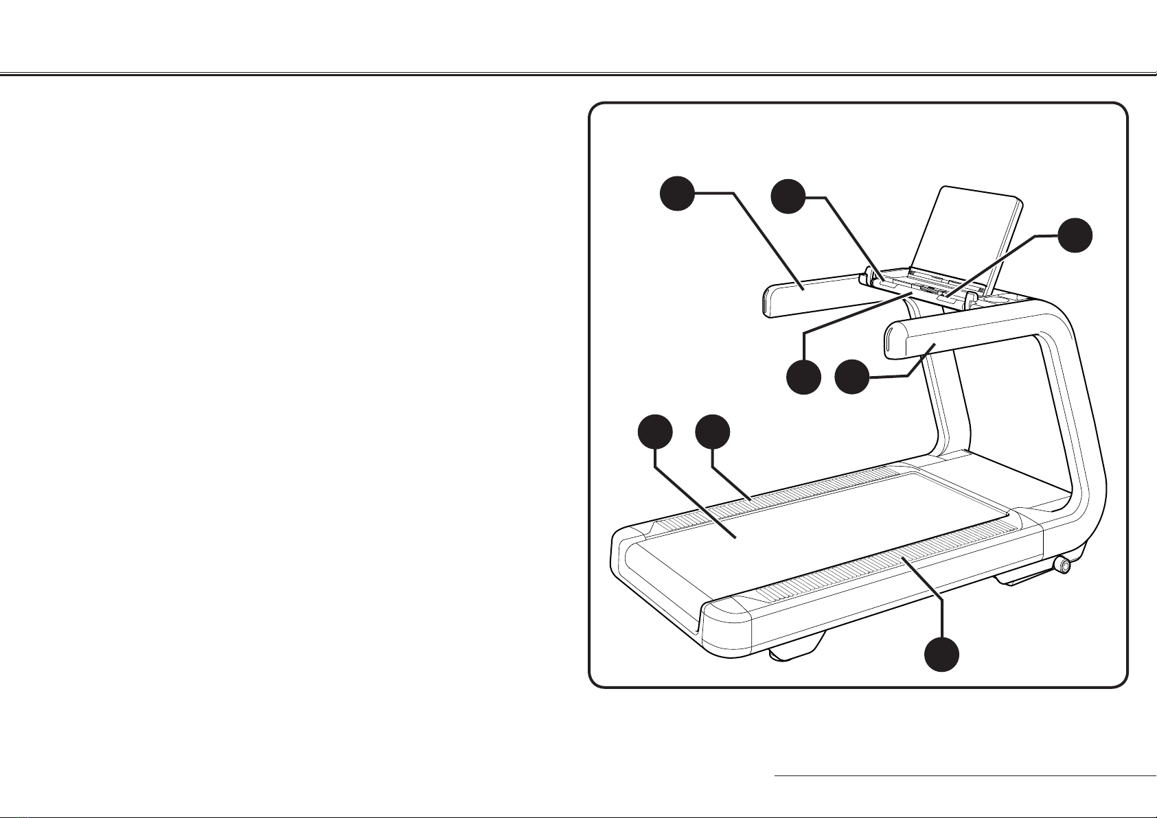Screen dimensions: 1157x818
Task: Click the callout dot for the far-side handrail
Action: click(677, 193)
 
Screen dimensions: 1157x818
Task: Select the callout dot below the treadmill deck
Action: click(941, 654)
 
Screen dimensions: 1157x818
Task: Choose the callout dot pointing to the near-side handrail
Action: click(851, 377)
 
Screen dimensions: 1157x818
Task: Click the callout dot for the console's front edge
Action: click(803, 377)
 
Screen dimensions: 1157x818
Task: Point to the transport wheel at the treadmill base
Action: click(1062, 565)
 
